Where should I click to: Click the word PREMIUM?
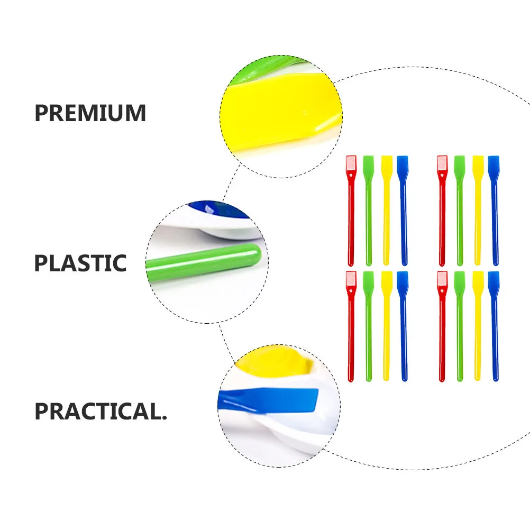click(90, 114)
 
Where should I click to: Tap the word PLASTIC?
click(80, 263)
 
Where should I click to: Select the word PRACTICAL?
click(100, 412)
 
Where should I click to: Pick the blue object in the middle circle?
click(222, 208)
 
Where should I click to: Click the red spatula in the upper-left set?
click(351, 212)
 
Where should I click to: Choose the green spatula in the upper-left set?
click(368, 212)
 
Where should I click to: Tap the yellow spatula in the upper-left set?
click(386, 212)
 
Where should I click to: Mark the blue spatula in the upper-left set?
click(404, 212)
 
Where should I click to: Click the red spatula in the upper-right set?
click(442, 212)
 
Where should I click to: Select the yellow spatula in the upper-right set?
click(478, 212)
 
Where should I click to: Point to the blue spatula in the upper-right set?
click(495, 212)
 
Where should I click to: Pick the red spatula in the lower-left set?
click(351, 328)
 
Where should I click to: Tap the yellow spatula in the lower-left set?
click(386, 328)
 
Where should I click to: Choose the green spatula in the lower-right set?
click(459, 328)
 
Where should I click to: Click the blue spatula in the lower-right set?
click(495, 328)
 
